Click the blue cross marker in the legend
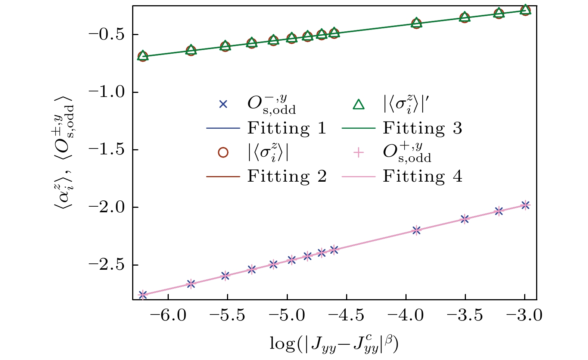click(223, 105)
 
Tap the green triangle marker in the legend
click(358, 105)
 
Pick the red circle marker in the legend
click(223, 153)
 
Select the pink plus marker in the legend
click(358, 153)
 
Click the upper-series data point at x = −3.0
click(525, 10)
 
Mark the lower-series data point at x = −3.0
click(525, 205)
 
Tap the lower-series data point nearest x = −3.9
click(416, 230)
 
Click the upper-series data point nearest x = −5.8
click(191, 50)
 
